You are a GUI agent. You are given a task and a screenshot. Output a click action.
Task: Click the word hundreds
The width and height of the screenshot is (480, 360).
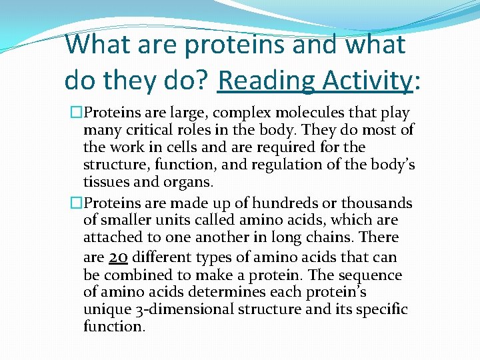coord(281,203)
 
